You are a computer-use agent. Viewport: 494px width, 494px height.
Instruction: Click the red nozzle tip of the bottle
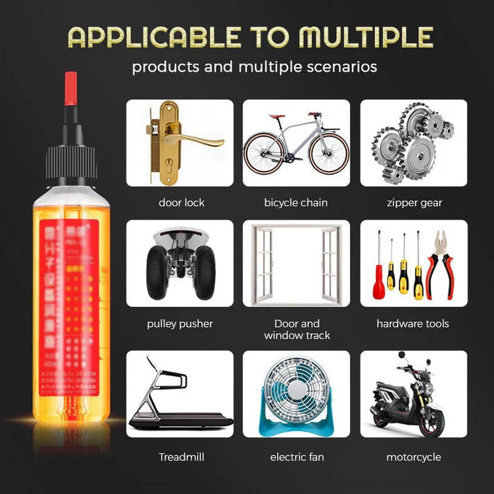pyautogui.click(x=70, y=89)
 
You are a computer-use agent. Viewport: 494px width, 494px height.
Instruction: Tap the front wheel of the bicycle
pyautogui.click(x=329, y=153)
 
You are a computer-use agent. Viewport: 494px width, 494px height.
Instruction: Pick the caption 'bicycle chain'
pyautogui.click(x=296, y=203)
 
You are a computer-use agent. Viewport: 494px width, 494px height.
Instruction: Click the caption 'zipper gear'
pyautogui.click(x=414, y=203)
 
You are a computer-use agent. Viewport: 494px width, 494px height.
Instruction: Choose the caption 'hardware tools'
pyautogui.click(x=413, y=324)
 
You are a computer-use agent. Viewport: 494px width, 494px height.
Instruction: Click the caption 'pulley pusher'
pyautogui.click(x=180, y=324)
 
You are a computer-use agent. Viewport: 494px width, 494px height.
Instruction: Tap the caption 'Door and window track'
pyautogui.click(x=297, y=329)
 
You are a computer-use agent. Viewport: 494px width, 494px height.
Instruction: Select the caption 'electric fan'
pyautogui.click(x=297, y=457)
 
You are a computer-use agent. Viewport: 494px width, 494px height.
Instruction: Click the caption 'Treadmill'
pyautogui.click(x=182, y=457)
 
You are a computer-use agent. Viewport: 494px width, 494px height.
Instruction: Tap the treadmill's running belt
pyautogui.click(x=184, y=418)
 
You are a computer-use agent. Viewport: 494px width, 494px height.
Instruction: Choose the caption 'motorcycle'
pyautogui.click(x=414, y=457)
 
